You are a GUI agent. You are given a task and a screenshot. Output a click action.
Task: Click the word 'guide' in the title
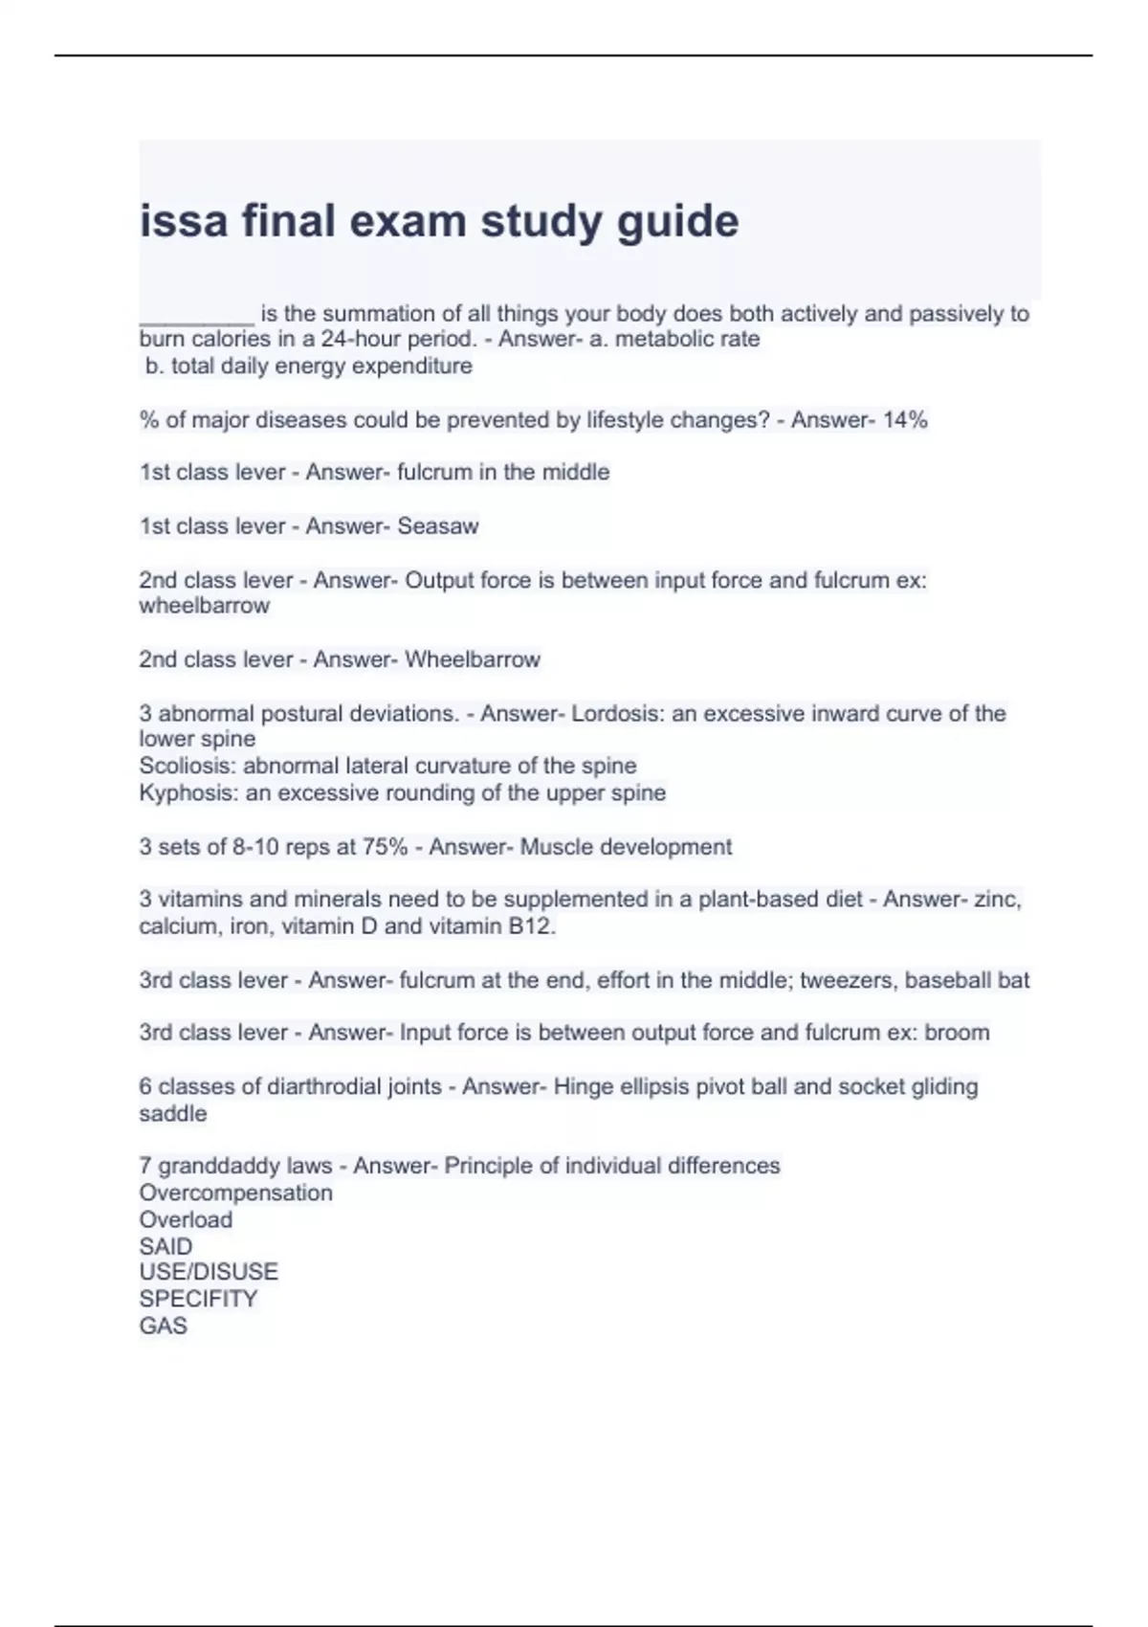point(677,222)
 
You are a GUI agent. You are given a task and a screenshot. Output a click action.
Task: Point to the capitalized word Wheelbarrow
point(473,659)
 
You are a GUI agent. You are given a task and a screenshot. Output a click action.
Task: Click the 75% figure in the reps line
point(385,847)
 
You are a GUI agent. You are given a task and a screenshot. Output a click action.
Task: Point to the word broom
point(957,1033)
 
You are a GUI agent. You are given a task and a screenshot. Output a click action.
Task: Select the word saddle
point(173,1113)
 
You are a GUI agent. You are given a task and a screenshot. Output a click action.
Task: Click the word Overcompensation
point(235,1192)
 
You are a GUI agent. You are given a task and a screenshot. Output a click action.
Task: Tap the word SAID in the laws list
point(166,1246)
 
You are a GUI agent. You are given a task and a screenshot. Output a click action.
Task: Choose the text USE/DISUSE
point(209,1272)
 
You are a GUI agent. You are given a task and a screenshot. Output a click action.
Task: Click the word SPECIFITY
point(198,1299)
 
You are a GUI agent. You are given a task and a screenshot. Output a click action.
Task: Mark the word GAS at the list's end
point(163,1326)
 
